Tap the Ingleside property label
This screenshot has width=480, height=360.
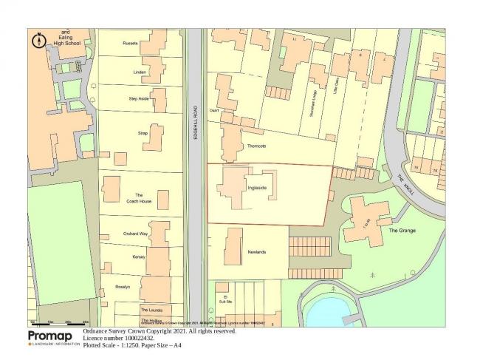pyautogui.click(x=257, y=188)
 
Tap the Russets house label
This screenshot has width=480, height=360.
pyautogui.click(x=130, y=43)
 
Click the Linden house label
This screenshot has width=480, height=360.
pyautogui.click(x=139, y=72)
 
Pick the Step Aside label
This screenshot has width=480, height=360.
pyautogui.click(x=138, y=98)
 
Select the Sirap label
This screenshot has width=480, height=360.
pyautogui.click(x=143, y=133)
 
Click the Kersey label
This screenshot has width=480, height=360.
pyautogui.click(x=139, y=257)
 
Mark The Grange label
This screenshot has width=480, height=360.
pyautogui.click(x=402, y=231)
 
